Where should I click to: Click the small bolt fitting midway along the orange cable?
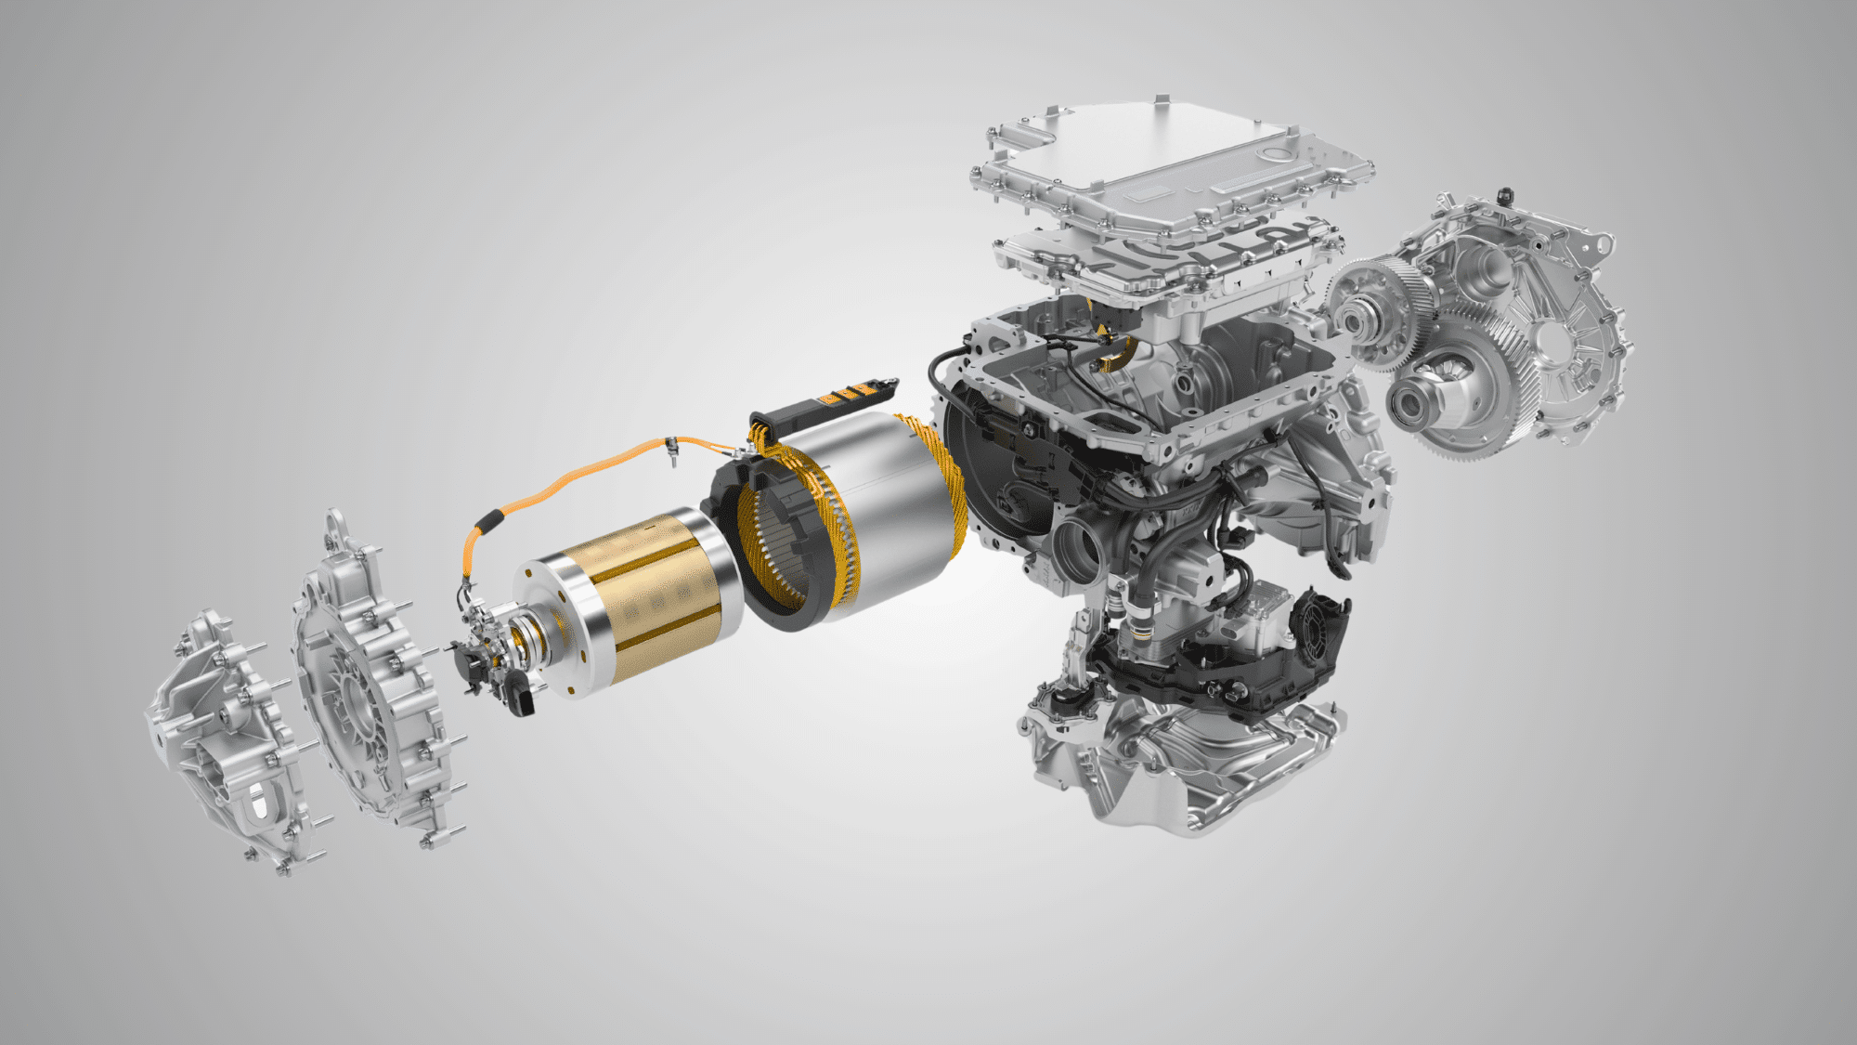[669, 451]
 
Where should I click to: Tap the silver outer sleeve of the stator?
[891, 502]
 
